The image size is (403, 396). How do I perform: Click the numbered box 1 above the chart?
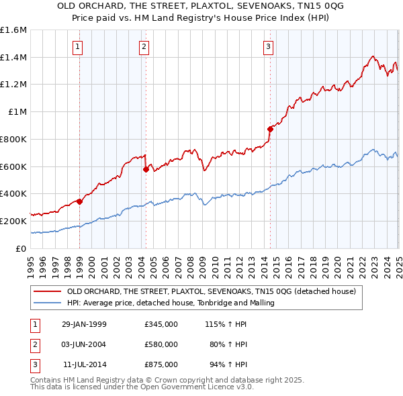point(79,47)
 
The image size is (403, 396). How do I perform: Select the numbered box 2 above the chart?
point(144,47)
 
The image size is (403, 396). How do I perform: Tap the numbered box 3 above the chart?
point(268,47)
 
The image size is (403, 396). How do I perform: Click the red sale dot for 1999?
point(80,201)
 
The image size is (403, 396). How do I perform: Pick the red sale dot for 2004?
point(146,169)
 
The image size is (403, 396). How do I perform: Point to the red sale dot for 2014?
point(270,129)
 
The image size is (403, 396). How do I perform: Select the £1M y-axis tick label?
point(17,112)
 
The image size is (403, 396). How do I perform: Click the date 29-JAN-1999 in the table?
point(84,324)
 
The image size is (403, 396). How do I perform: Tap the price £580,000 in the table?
point(161,344)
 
